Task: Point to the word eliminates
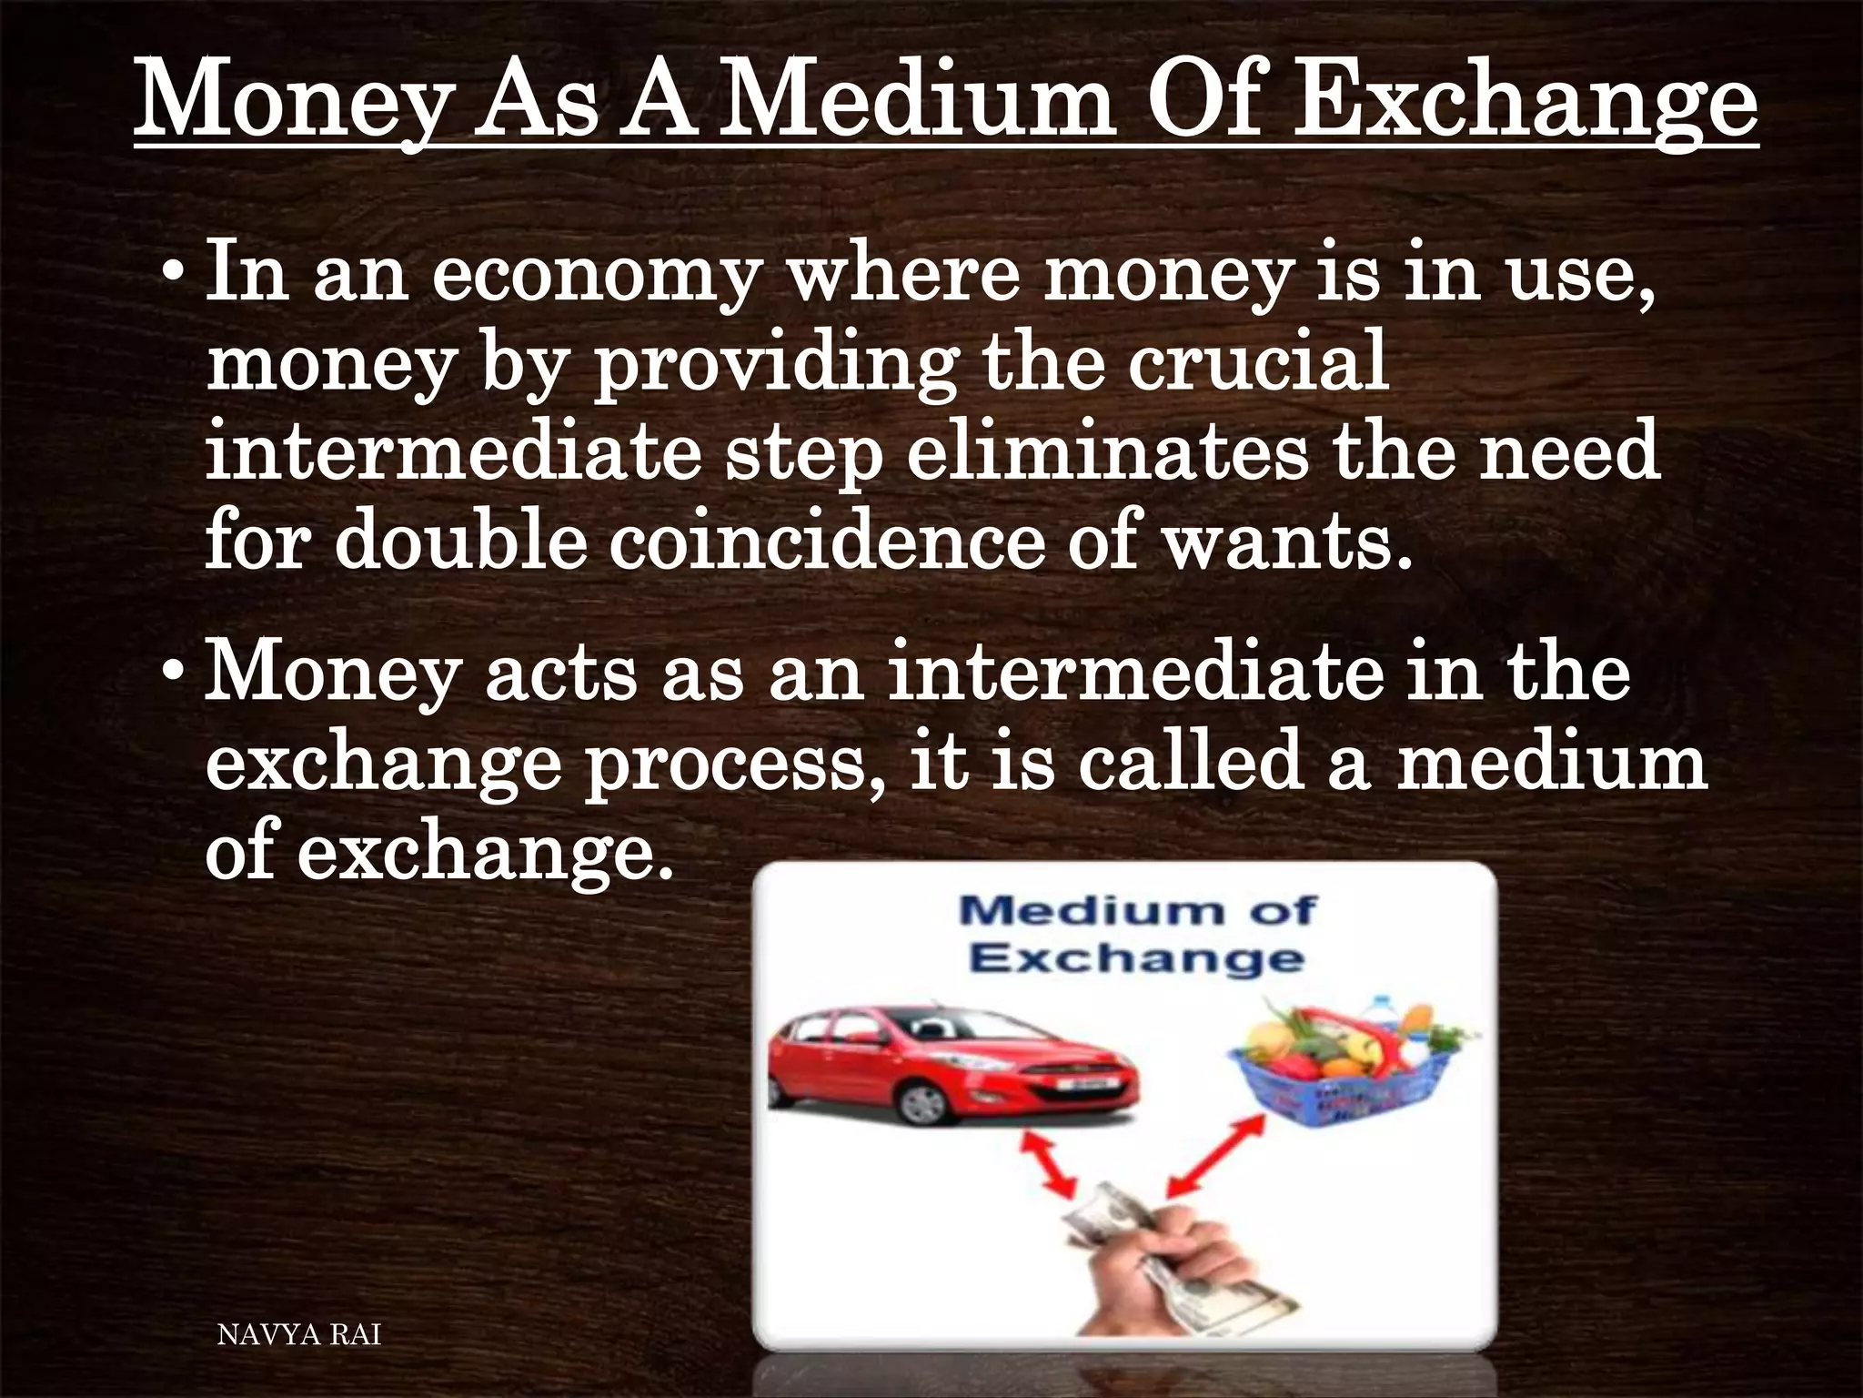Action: [x=1106, y=451]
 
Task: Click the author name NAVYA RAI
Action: [x=299, y=1335]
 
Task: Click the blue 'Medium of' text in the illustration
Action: [x=1136, y=909]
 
